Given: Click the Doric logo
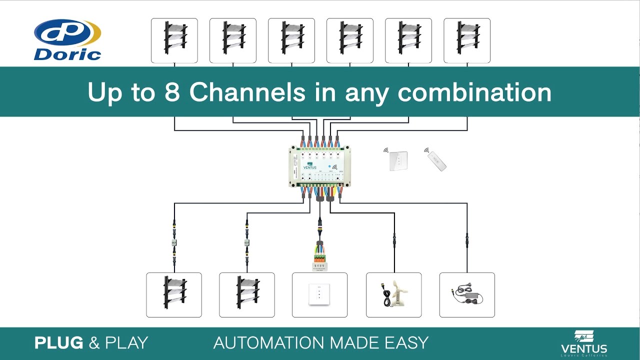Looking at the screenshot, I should coord(67,40).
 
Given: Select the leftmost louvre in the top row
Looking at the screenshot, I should coord(174,40).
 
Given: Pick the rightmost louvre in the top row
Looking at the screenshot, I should coord(466,40).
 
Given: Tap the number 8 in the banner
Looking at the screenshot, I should coord(171,92).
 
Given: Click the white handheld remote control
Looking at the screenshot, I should coord(436,161).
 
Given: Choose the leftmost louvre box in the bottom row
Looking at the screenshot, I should coord(173,294).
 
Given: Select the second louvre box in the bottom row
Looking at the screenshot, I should coord(246,294).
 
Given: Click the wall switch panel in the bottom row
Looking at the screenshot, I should coord(319,294).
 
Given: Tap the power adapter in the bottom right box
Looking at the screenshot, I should coord(466,295).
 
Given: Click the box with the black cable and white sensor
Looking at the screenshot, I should coord(393,294).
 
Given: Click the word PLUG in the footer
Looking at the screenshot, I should coord(59,343).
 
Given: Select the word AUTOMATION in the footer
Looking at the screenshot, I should coord(267,343).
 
